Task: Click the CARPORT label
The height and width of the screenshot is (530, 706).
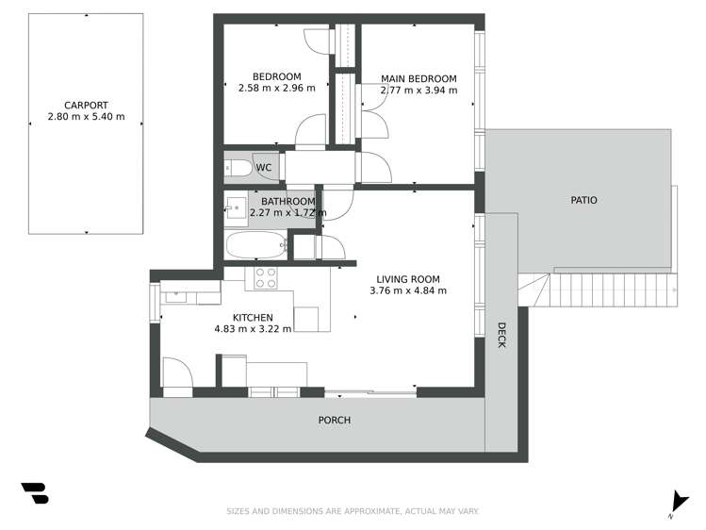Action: (85, 106)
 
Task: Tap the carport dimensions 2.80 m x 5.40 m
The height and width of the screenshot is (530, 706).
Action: (86, 118)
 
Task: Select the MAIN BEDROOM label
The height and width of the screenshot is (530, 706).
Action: (419, 79)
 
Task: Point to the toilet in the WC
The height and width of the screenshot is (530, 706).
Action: (238, 169)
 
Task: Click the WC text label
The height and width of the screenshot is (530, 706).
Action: (264, 168)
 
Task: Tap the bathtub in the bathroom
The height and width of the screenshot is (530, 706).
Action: (257, 246)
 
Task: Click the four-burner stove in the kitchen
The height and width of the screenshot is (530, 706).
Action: (266, 278)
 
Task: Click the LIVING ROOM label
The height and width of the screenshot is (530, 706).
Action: (408, 279)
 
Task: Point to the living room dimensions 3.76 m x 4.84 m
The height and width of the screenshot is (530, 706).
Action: (408, 291)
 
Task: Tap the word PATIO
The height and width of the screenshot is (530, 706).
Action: (583, 201)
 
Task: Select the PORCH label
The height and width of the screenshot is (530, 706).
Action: (334, 421)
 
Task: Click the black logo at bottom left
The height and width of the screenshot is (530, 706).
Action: (34, 493)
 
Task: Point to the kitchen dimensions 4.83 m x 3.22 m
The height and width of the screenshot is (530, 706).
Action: (254, 329)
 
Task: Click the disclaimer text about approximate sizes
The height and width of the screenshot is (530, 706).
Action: (353, 511)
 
